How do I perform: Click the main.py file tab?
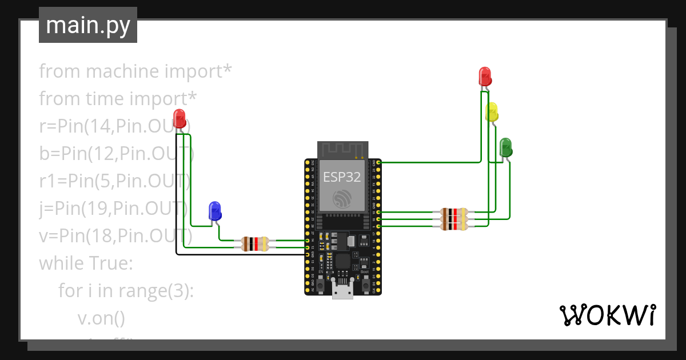point(88,25)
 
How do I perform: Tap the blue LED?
point(215,210)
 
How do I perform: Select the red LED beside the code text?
point(180,119)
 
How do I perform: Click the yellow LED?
point(492,111)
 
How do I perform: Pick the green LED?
point(506,147)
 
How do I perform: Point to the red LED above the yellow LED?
point(484,76)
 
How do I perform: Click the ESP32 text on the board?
point(342,177)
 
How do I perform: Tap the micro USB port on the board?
point(342,292)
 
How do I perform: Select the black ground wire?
point(240,254)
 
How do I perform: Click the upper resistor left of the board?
point(255,241)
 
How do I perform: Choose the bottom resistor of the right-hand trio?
point(454,226)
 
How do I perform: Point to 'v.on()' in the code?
point(101,318)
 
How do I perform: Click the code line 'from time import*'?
point(118,99)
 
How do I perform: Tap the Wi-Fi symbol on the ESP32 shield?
point(342,198)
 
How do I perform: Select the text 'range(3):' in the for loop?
point(157,291)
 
